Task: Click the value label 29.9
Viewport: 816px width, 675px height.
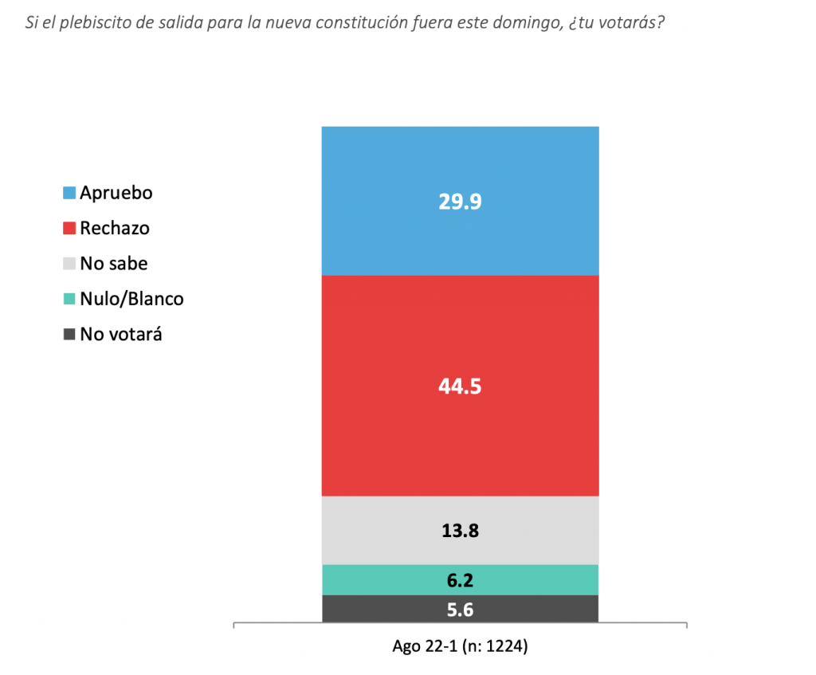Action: point(460,202)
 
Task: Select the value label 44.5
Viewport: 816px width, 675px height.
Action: point(460,387)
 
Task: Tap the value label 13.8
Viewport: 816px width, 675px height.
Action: point(460,530)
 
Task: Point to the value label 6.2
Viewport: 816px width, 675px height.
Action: point(460,579)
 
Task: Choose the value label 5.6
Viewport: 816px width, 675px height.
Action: point(460,609)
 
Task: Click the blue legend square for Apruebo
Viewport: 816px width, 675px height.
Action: point(69,193)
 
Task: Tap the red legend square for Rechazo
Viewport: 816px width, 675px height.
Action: point(69,228)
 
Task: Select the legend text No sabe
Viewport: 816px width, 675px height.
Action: point(113,263)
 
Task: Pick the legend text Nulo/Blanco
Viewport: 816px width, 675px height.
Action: point(131,299)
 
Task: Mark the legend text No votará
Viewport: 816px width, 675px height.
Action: point(121,334)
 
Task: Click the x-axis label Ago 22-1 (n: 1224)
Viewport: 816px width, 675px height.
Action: point(460,646)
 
